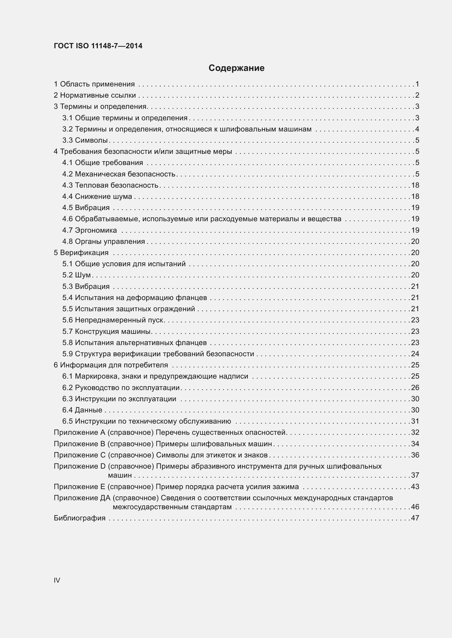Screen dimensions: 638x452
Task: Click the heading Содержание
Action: point(236,68)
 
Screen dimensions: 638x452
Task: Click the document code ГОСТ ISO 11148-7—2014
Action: point(98,46)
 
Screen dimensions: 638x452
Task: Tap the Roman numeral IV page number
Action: point(57,580)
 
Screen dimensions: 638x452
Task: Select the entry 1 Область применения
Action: point(94,84)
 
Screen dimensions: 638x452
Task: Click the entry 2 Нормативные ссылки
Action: point(95,95)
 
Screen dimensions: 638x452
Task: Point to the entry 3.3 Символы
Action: point(85,140)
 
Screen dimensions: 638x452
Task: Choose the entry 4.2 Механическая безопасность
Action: point(119,174)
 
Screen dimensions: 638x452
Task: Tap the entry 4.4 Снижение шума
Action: point(97,196)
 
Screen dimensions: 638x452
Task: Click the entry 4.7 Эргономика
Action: point(90,230)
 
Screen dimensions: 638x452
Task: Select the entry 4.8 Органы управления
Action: point(104,241)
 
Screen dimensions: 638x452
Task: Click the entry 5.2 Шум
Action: point(77,275)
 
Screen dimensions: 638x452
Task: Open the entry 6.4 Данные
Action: point(82,410)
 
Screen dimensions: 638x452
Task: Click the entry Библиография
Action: point(80,518)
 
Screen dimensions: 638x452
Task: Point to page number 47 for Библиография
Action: point(415,518)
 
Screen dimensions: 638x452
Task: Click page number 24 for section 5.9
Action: point(415,354)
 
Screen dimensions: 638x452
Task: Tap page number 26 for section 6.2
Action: point(415,388)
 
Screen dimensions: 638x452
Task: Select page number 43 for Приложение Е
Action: point(415,487)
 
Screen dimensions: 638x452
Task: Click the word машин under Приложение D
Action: point(120,475)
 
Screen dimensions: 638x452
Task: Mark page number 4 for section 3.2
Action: point(417,129)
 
